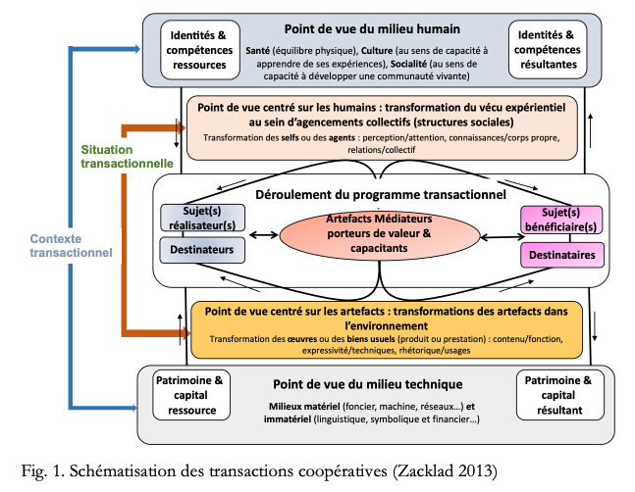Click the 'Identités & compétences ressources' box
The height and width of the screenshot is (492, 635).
[200, 50]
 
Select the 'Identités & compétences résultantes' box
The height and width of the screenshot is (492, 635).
[548, 49]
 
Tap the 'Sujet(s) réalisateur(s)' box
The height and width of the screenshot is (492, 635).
[202, 218]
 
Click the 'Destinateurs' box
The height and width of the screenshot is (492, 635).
[202, 250]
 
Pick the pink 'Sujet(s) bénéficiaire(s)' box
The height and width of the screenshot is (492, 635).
[560, 220]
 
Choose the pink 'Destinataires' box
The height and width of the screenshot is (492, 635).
[562, 255]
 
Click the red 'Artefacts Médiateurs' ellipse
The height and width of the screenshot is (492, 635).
[380, 234]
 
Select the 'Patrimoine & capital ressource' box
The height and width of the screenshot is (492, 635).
[191, 395]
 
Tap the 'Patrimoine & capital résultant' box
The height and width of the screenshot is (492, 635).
[559, 395]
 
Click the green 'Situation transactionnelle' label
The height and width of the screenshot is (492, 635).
[127, 157]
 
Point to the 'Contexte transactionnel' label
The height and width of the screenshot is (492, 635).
[71, 245]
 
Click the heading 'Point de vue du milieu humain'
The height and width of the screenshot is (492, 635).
[372, 29]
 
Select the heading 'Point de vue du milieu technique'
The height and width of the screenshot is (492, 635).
[368, 384]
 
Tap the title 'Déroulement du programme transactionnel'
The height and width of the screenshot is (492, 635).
[381, 194]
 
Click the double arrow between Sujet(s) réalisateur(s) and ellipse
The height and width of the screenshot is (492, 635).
[263, 235]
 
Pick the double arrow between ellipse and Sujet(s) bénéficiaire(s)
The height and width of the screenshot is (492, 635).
[503, 237]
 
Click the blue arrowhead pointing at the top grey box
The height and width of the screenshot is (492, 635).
[134, 49]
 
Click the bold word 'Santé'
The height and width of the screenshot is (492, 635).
[257, 51]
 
